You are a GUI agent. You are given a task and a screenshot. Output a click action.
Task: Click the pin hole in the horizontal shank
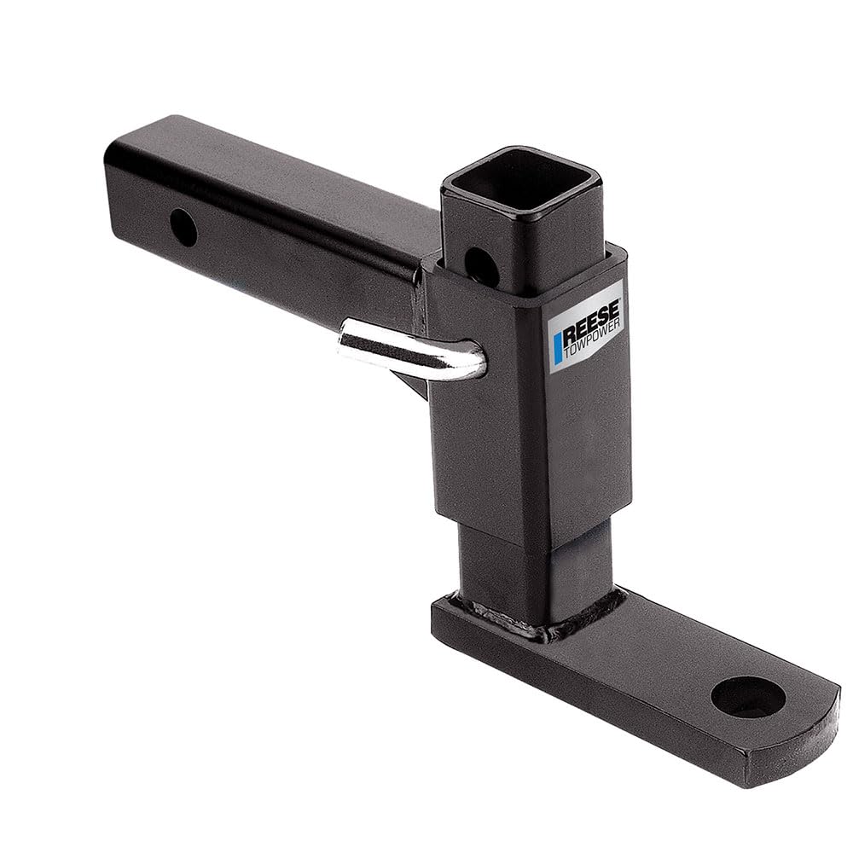click(x=183, y=228)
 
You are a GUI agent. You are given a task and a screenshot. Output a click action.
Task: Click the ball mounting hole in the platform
click(x=747, y=696)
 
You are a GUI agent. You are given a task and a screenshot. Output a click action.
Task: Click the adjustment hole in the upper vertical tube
click(x=481, y=267)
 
